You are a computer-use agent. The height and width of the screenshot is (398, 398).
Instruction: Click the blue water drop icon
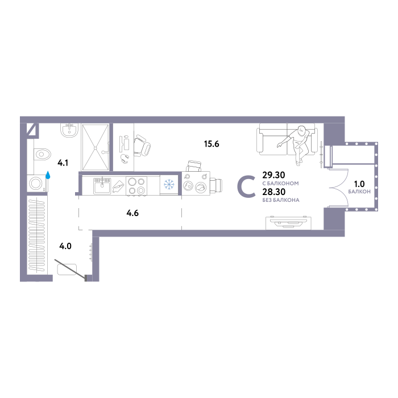click(48, 175)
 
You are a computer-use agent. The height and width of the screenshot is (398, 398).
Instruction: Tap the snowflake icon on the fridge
click(169, 184)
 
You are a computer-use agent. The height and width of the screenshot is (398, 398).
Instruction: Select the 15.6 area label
click(212, 144)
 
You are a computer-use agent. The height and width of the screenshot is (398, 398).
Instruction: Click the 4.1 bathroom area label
click(63, 163)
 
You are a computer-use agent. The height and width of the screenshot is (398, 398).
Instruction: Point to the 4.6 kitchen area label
click(132, 213)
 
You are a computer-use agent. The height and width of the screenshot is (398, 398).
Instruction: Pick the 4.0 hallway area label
click(65, 246)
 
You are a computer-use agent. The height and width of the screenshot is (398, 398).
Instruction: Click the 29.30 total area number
click(273, 175)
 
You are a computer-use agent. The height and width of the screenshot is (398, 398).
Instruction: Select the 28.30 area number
click(273, 192)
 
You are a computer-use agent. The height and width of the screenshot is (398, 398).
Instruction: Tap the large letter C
click(246, 187)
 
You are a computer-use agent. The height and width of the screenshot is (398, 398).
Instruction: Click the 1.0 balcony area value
click(359, 184)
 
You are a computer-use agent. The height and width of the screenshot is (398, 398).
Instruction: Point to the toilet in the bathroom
click(42, 154)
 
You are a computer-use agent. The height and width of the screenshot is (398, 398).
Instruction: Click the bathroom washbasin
click(69, 130)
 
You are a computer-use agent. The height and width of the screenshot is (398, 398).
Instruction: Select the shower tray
click(95, 147)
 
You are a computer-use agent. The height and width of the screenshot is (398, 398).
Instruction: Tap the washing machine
click(37, 183)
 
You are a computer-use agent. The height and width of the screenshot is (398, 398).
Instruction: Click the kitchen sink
click(102, 186)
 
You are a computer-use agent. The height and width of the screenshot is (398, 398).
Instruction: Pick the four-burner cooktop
click(136, 186)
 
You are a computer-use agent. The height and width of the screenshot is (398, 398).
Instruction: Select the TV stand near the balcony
click(289, 223)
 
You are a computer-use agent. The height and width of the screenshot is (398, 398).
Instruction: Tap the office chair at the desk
click(142, 146)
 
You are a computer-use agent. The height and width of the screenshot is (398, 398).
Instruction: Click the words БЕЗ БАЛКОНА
click(281, 200)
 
